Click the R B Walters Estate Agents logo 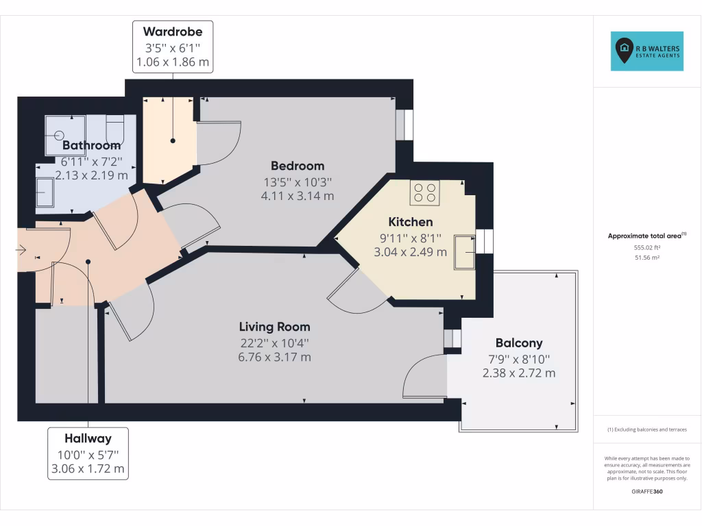tap(646, 51)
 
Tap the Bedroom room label tap(297, 166)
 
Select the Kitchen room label tap(410, 222)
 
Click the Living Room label tap(274, 327)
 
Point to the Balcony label tap(518, 343)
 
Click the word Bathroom tap(91, 145)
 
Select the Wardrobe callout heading tap(172, 32)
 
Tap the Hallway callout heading tap(88, 438)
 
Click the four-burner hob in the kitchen tap(424, 193)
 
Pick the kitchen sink tap(464, 253)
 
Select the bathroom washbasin tap(45, 192)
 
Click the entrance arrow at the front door tap(21, 251)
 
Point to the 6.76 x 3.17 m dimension tap(274, 357)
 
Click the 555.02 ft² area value tap(646, 247)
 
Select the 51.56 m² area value tap(646, 258)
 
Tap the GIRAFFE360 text tap(646, 492)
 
